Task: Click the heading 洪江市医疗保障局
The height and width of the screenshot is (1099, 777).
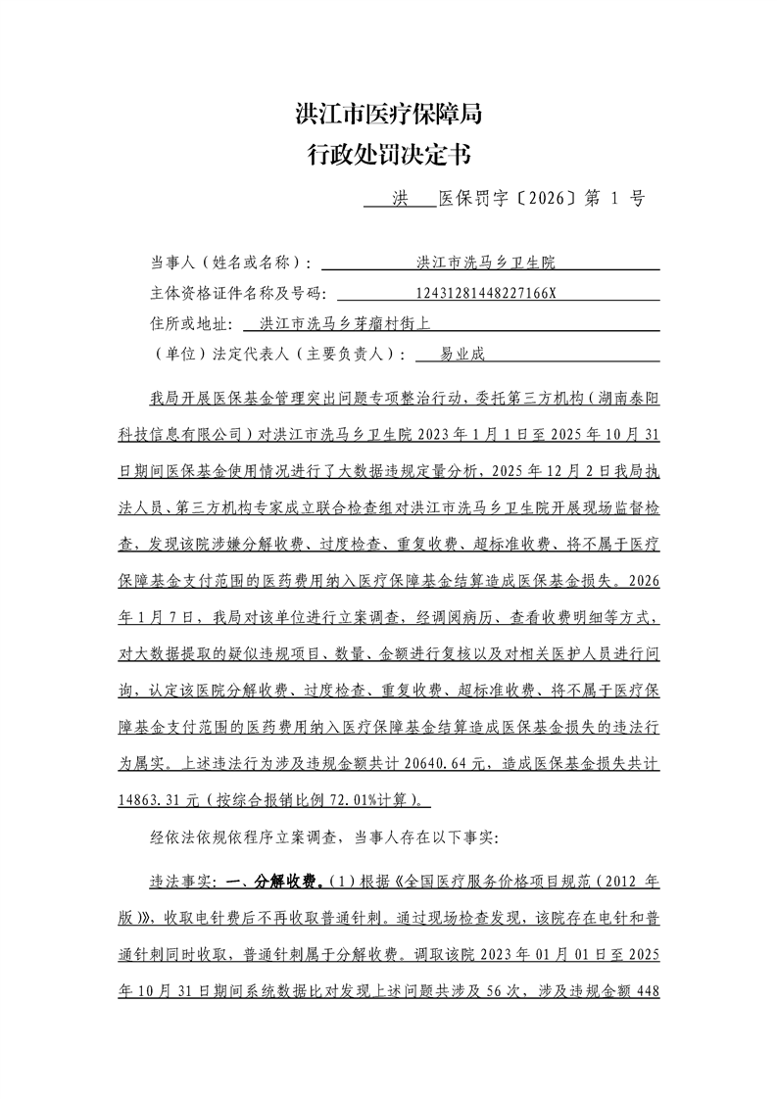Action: click(388, 115)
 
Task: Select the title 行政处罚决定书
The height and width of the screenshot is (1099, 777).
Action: click(388, 154)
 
